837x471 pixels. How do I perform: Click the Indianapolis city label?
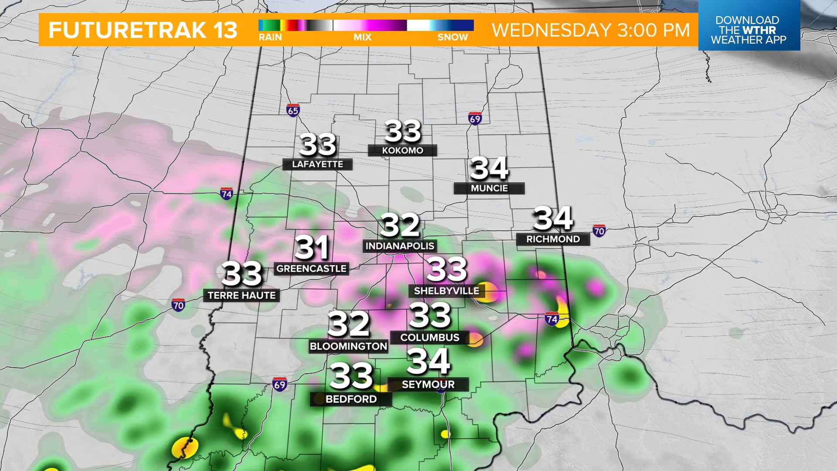coord(400,246)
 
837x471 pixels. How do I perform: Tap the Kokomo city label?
coord(402,150)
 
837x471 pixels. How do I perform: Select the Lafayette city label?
coord(317,164)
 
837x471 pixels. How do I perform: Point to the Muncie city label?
coord(489,188)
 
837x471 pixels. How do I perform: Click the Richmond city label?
coord(553,239)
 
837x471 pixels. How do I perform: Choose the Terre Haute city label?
coord(242,296)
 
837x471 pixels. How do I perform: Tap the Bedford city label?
coord(351,399)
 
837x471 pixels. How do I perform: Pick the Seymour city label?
coord(428,384)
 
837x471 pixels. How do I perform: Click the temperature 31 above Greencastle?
coord(311,248)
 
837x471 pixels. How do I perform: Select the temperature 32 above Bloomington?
coord(348,324)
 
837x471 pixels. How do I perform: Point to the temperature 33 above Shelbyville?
coord(447,269)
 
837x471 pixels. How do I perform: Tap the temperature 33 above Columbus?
coord(430,315)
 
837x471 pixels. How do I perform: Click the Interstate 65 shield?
coord(293,110)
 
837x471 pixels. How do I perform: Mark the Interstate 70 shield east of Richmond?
coord(599,231)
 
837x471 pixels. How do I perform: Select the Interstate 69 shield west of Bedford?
coord(279,384)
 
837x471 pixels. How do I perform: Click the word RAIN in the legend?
coord(270,38)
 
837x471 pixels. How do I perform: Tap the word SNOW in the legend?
coord(453,38)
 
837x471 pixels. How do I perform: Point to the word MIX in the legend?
coord(362,38)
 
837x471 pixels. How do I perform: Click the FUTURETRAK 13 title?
coord(143,30)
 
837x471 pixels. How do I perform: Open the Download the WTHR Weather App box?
coord(749,30)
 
